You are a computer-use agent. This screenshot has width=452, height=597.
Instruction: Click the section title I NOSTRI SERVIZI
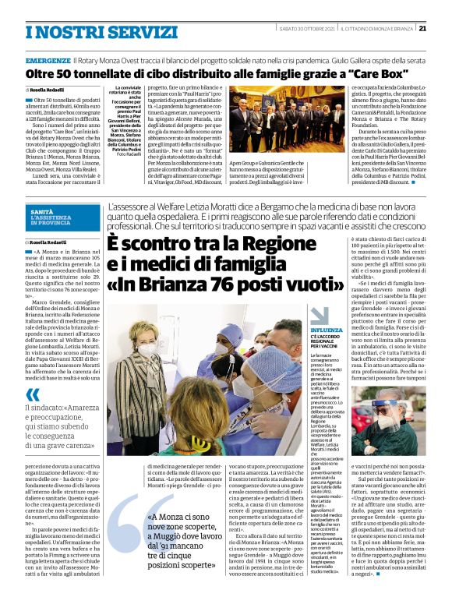[x=82, y=31]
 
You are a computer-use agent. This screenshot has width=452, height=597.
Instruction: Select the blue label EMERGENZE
[x=48, y=58]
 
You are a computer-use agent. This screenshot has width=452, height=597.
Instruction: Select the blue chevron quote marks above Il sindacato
[x=33, y=394]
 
